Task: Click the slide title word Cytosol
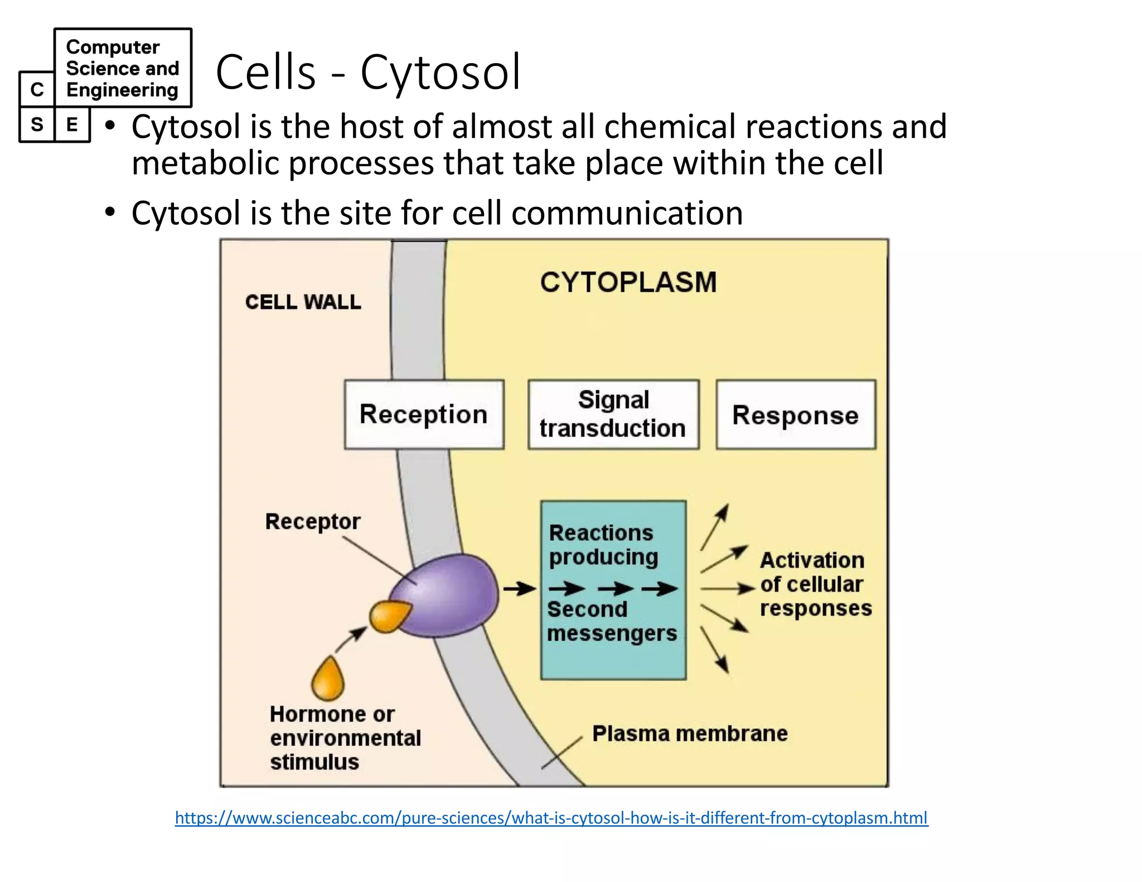(441, 72)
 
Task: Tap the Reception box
(424, 415)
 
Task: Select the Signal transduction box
(613, 415)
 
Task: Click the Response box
(796, 415)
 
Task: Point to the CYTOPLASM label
(628, 282)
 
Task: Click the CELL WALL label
(303, 302)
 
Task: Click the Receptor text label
(312, 522)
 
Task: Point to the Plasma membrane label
(690, 734)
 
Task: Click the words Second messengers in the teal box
(611, 622)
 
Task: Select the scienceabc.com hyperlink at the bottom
(551, 818)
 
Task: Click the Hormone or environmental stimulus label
(345, 738)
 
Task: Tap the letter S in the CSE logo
(37, 124)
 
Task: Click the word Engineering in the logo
(122, 90)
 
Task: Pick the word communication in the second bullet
(627, 213)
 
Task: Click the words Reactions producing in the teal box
(602, 545)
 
